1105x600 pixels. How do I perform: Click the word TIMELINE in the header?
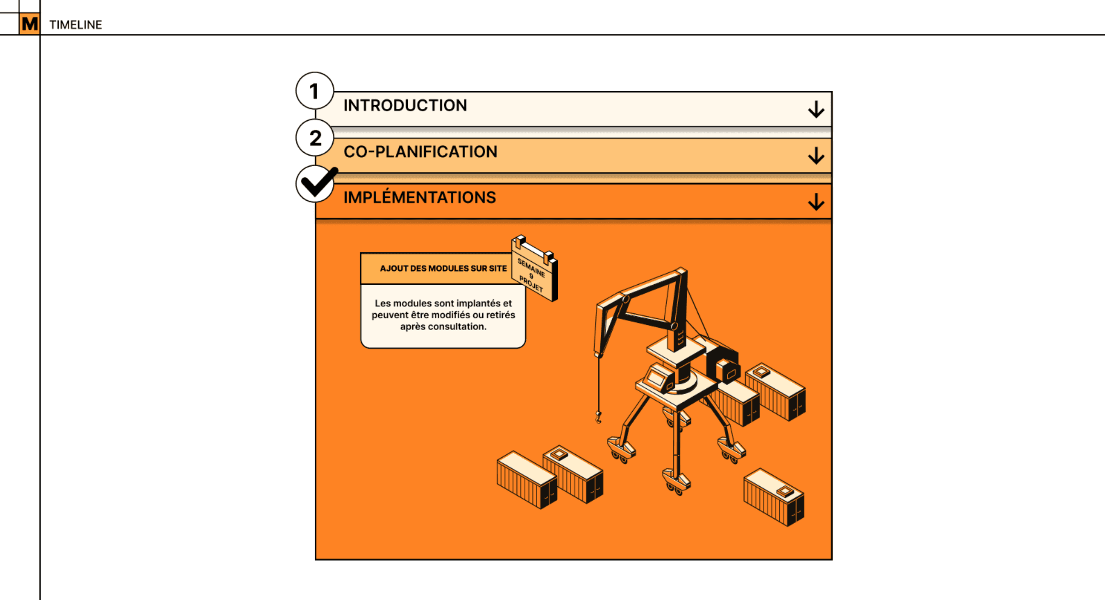coord(75,25)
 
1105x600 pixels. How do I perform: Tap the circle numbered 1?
coord(315,91)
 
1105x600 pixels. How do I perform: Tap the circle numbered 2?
coord(315,138)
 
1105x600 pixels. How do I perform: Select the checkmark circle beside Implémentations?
coord(315,183)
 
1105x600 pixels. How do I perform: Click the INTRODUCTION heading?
coord(405,106)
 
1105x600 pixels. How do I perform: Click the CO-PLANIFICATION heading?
coord(420,152)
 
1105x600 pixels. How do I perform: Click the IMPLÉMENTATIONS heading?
coord(420,197)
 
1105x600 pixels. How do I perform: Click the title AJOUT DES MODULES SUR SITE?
coord(443,268)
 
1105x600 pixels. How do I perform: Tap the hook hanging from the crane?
coord(598,417)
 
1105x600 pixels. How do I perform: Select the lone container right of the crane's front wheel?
coord(774,497)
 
